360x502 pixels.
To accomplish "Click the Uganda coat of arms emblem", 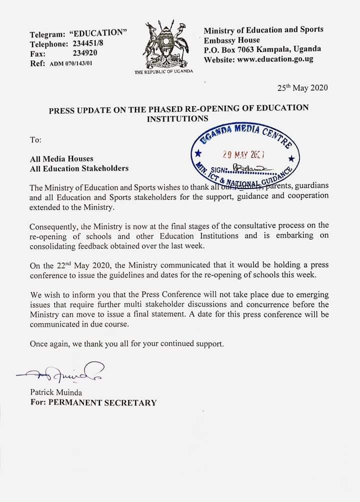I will coord(163,44).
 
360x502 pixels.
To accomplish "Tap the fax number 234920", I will coord(85,53).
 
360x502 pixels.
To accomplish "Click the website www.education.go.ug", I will coord(274,59).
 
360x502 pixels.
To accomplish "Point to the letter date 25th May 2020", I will coord(302,88).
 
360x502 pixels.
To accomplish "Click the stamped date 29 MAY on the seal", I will coord(244,155).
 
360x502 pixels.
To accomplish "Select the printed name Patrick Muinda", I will coord(56,392).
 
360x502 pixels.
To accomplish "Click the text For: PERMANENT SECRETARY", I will coord(93,402).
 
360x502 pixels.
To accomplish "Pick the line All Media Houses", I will coord(61,158).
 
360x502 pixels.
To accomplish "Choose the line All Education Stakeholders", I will coord(79,168).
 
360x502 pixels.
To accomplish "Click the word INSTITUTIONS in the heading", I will coord(177,118).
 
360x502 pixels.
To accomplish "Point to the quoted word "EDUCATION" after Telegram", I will coord(98,33).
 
